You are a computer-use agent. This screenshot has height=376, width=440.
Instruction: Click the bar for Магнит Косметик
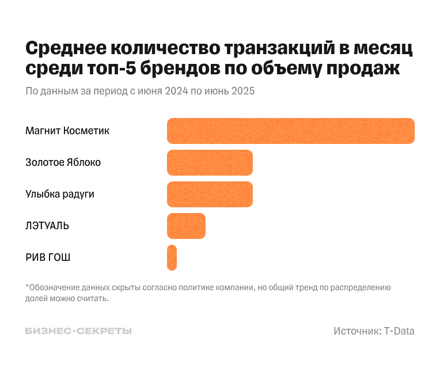click(291, 131)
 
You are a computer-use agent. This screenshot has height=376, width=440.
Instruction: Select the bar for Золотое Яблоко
click(210, 162)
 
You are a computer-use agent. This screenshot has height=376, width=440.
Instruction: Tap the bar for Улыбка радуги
click(210, 194)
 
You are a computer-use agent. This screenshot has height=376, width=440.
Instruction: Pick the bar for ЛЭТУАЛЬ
click(186, 226)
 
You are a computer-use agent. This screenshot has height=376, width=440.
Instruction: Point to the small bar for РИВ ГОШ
click(172, 257)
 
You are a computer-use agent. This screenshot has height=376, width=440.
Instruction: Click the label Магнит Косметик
click(67, 131)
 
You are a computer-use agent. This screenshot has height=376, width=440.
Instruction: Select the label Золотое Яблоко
click(63, 162)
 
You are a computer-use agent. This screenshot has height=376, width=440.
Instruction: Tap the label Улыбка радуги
click(60, 194)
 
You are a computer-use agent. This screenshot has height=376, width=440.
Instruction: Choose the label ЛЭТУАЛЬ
click(47, 226)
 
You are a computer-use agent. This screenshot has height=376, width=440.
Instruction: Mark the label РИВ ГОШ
click(48, 257)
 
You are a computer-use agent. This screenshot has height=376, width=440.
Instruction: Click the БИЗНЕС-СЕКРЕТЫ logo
click(78, 331)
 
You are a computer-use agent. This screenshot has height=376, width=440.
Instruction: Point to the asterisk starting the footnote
click(27, 286)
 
